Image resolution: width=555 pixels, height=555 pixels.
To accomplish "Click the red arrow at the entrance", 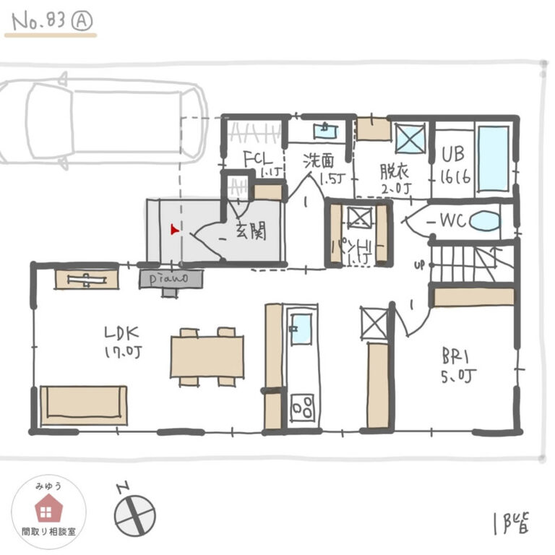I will pyautogui.click(x=173, y=230).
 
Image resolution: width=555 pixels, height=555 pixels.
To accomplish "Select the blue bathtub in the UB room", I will pyautogui.click(x=494, y=158).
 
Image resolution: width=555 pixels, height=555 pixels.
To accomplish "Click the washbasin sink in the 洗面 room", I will pyautogui.click(x=324, y=131).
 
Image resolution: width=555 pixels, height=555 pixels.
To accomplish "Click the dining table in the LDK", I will pyautogui.click(x=207, y=356).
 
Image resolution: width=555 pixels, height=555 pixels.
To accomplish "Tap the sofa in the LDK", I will pyautogui.click(x=84, y=405).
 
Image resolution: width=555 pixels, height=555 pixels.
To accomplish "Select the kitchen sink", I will pyautogui.click(x=301, y=328).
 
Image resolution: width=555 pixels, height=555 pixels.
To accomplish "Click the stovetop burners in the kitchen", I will pyautogui.click(x=302, y=407).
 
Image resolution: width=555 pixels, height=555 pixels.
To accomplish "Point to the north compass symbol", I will pyautogui.click(x=134, y=514).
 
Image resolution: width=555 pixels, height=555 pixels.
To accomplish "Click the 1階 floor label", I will pyautogui.click(x=510, y=522).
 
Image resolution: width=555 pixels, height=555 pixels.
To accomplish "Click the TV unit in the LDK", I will pyautogui.click(x=87, y=279).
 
